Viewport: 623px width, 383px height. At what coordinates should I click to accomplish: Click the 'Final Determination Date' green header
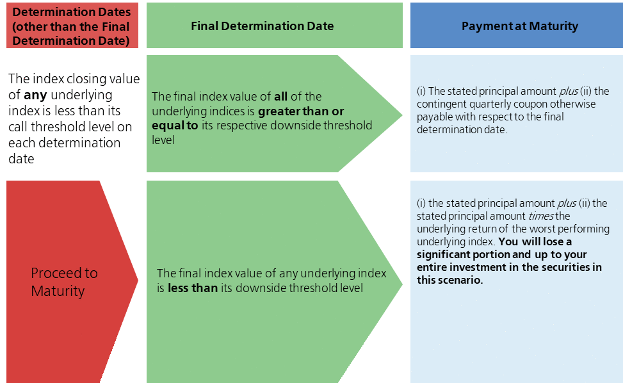pos(262,26)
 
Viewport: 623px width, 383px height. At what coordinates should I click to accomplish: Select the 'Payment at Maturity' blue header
pos(519,26)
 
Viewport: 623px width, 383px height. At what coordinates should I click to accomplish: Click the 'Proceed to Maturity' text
pos(64,282)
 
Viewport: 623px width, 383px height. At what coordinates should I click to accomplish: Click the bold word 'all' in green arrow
pos(280,97)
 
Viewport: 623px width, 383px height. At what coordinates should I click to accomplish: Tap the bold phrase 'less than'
pos(193,288)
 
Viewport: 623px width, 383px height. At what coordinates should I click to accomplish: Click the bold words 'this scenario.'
pos(449,280)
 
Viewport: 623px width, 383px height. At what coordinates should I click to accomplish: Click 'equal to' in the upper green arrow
pos(175,125)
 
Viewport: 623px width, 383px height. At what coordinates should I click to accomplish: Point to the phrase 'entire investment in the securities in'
pos(509,267)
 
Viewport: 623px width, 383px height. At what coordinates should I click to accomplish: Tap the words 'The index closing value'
pos(74,79)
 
